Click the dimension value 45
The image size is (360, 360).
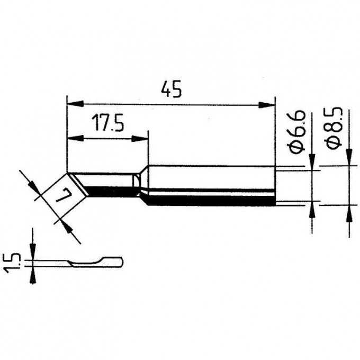point(172,89)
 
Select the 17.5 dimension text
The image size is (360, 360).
point(107,123)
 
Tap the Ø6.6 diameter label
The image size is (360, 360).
point(297,131)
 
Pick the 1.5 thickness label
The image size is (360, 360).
point(11,263)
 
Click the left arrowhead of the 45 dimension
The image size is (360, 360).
point(75,104)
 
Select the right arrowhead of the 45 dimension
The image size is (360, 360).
point(267,105)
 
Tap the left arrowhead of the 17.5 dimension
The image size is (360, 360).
point(75,139)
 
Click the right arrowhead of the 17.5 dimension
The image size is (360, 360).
point(140,139)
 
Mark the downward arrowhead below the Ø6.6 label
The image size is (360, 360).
point(312,163)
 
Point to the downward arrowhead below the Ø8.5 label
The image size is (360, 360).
point(349,157)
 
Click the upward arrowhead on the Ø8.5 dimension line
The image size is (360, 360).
point(349,213)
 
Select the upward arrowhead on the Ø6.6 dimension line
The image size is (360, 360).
point(312,209)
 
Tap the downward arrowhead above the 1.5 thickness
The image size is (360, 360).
point(33,252)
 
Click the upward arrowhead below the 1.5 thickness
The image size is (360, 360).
point(33,275)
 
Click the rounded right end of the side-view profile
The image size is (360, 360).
point(122,262)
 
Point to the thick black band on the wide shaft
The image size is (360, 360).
point(212,201)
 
